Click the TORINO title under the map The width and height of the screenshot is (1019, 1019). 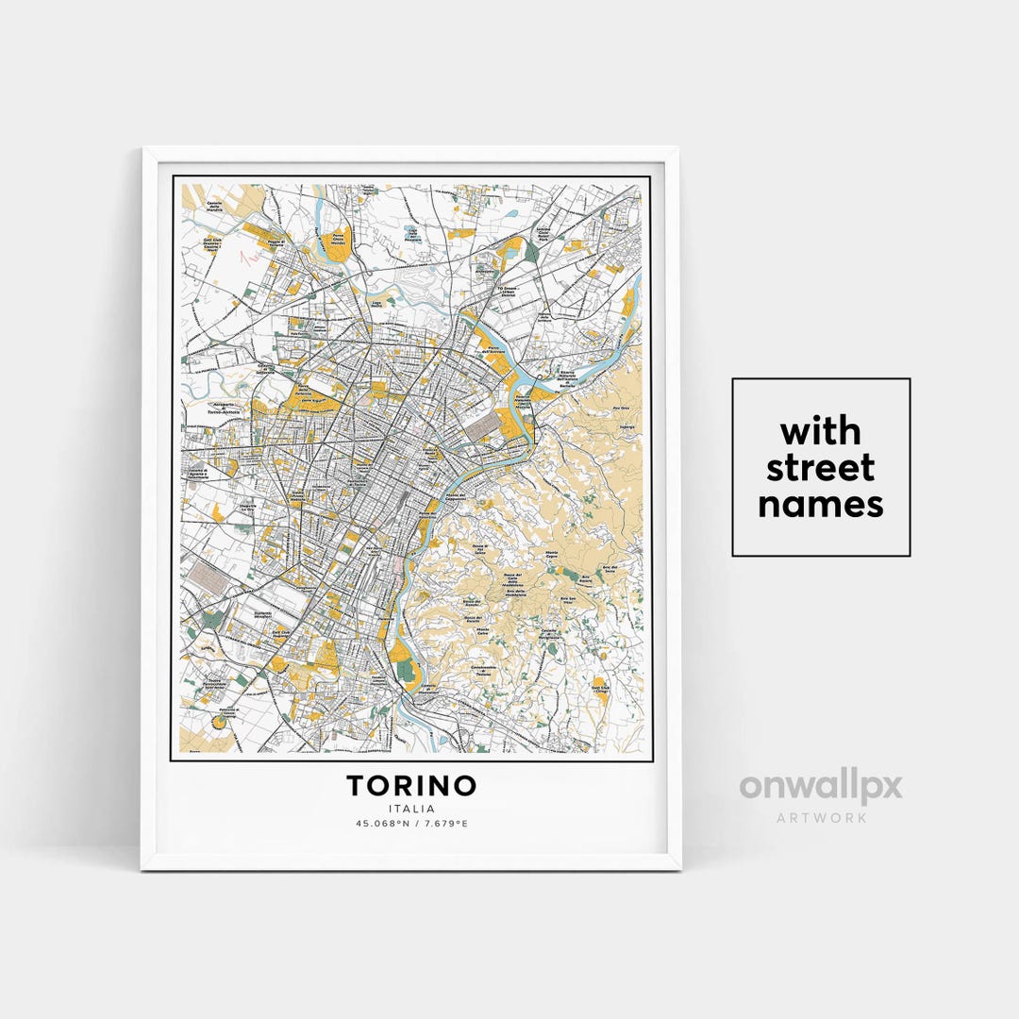pos(411,785)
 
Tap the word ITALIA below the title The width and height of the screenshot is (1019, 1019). pos(411,809)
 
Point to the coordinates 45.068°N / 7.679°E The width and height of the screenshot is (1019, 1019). pos(411,824)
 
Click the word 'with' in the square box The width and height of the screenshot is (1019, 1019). pos(820,431)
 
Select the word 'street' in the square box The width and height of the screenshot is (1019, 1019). pos(820,468)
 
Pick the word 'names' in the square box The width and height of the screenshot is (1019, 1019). pos(820,505)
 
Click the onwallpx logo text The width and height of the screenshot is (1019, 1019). pos(820,787)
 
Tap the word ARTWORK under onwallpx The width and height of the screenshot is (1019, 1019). pos(821,817)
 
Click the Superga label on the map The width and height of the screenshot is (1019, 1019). pos(626,426)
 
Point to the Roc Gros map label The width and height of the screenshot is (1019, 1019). pos(620,409)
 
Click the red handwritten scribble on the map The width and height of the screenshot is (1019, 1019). pos(251,258)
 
